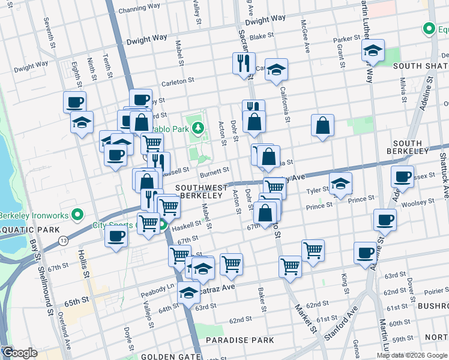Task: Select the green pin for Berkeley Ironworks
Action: click(77, 214)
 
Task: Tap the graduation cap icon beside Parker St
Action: click(373, 52)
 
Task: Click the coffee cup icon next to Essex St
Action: click(402, 176)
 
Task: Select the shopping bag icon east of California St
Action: click(322, 125)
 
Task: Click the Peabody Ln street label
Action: click(157, 288)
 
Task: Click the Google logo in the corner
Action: click(20, 353)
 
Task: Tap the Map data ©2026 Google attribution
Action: click(412, 355)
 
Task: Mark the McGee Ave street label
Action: click(305, 42)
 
